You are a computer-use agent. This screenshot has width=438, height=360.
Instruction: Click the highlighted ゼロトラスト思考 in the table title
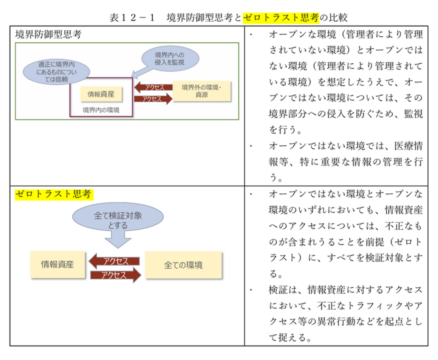click(x=281, y=18)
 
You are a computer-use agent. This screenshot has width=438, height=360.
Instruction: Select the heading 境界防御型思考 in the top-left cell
click(x=48, y=35)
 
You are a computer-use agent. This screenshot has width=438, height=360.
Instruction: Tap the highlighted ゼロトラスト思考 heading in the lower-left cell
click(x=53, y=194)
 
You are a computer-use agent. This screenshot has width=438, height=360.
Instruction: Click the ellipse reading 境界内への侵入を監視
click(x=170, y=59)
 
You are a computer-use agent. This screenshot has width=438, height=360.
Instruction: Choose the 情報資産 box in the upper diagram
click(x=101, y=94)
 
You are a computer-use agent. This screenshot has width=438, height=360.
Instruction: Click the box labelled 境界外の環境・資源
click(x=201, y=91)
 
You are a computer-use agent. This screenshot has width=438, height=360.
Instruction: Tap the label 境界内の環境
click(x=101, y=110)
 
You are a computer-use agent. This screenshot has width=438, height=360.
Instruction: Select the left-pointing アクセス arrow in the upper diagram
click(x=153, y=87)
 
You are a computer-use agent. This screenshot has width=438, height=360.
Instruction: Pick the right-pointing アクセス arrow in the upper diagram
click(x=153, y=99)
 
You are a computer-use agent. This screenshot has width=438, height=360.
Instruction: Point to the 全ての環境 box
click(x=183, y=265)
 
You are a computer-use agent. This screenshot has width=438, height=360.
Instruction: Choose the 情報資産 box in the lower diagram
click(x=57, y=265)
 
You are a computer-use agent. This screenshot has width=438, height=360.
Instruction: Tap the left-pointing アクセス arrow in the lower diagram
click(x=114, y=261)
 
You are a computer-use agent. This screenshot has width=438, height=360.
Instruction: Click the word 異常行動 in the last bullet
click(x=340, y=321)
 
